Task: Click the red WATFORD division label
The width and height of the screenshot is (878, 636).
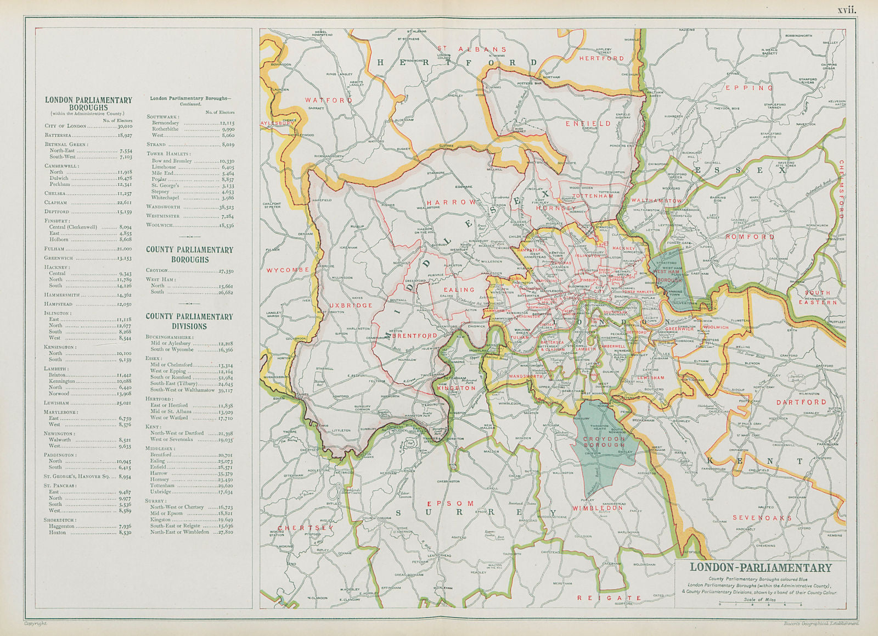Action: tap(329, 101)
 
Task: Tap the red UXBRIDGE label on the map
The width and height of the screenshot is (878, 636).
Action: tap(351, 305)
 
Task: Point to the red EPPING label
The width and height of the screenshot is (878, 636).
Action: tap(749, 88)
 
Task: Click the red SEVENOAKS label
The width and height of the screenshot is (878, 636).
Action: tap(762, 518)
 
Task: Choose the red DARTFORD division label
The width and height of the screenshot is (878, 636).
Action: tap(801, 402)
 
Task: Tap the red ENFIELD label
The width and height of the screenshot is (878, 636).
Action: tap(588, 124)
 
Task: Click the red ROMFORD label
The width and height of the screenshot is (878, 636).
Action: tap(750, 237)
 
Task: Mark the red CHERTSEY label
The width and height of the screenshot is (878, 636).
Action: tap(297, 528)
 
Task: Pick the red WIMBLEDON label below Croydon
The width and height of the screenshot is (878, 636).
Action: tap(598, 508)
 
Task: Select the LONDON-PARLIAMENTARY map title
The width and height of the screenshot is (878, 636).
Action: tap(761, 568)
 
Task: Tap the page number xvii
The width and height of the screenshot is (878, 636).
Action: tap(846, 9)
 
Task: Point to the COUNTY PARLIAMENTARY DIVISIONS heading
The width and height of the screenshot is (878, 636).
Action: tap(189, 321)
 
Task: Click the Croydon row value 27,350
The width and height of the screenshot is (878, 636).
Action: tap(226, 271)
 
